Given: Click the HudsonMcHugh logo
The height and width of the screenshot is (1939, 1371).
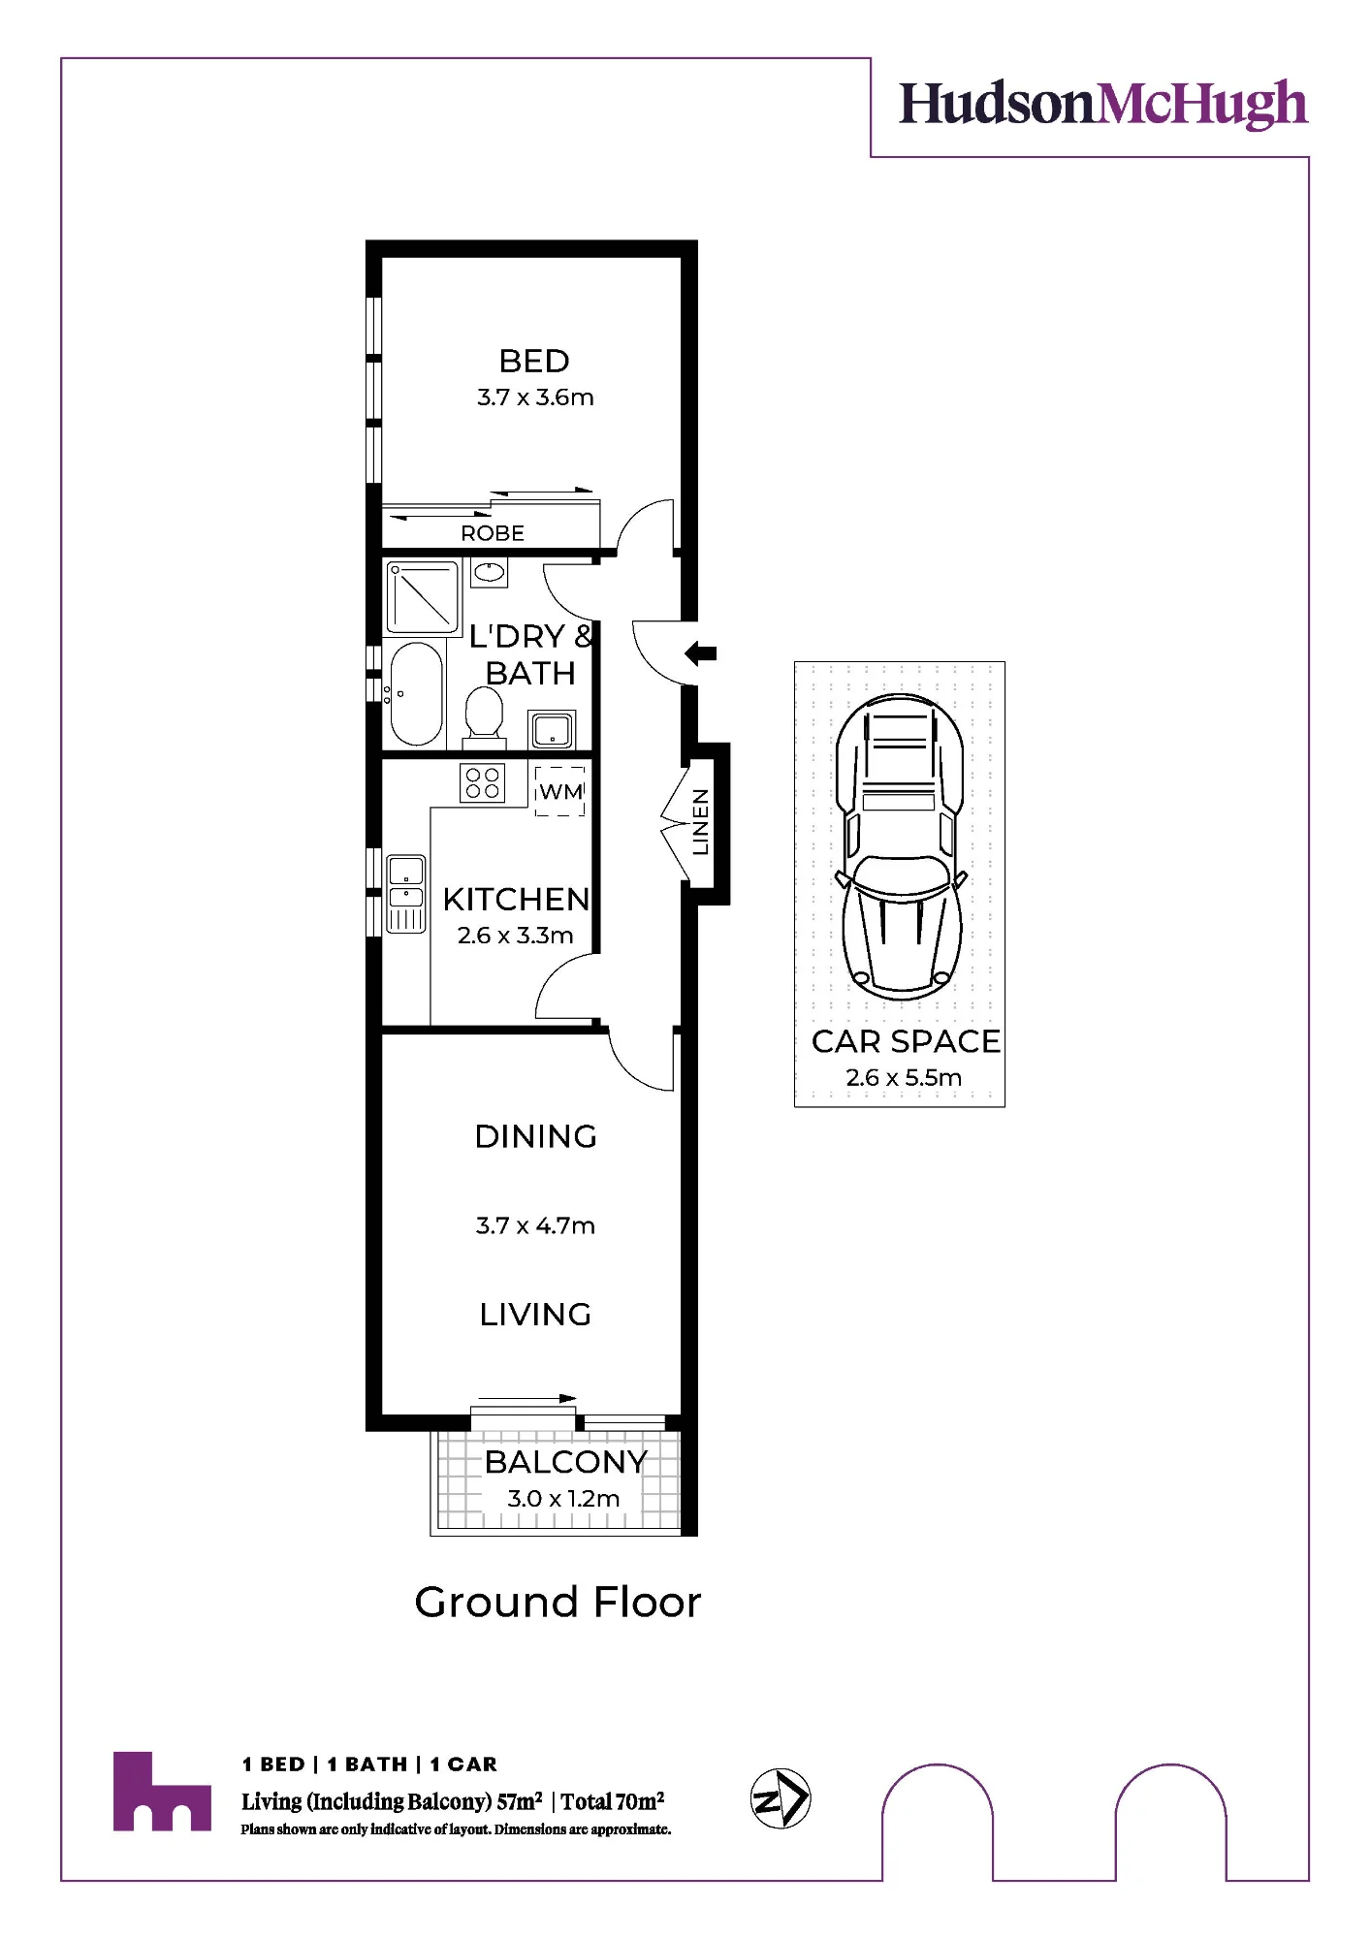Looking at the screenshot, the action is point(1103,104).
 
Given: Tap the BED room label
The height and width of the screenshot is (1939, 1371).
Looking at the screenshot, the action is point(534,361).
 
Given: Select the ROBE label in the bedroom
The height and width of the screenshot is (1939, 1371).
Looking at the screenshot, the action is point(493,533).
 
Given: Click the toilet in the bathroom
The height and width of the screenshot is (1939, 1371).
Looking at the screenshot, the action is point(484,715).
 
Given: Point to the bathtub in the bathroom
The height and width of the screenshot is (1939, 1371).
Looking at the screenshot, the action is point(417,693).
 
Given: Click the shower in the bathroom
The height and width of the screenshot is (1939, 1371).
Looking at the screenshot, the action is point(422,597).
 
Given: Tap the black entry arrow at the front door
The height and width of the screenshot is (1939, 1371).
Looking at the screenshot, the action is point(701,653).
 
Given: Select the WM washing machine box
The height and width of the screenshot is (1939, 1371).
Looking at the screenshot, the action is point(560,790).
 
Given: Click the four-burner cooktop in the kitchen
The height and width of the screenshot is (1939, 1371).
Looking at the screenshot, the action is point(482,782).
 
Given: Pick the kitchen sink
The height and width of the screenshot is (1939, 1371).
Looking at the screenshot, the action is point(406,893).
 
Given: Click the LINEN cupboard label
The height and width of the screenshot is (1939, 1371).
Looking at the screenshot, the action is point(700,822).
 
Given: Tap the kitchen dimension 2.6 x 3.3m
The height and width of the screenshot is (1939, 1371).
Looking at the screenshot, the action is point(515,936).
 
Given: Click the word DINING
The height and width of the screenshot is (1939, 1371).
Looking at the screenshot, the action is point(535,1136).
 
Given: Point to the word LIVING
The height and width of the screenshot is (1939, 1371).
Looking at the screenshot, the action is point(535,1315).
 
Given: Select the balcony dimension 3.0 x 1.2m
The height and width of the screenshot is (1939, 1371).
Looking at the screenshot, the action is point(563,1499).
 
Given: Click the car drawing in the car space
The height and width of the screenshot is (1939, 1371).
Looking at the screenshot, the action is point(901,847).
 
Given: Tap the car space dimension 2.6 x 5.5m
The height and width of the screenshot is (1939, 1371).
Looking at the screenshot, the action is point(904,1077).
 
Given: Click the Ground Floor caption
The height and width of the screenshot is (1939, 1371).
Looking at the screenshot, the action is point(558,1603).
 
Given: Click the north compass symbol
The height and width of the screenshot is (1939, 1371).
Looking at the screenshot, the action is point(781,1799).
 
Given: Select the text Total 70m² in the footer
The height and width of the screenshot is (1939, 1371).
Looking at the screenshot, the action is point(613,1801).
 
